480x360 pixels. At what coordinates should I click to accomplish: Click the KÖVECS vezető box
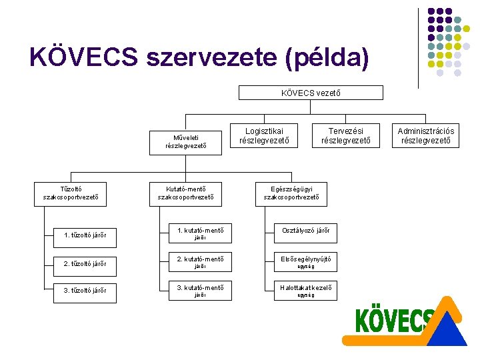point(311,93)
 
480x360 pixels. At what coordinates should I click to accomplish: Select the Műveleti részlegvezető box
point(186,140)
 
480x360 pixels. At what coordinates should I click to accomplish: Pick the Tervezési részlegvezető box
point(346,135)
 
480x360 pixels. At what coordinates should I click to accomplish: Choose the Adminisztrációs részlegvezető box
point(425,135)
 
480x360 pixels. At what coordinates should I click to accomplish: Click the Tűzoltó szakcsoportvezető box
point(71,193)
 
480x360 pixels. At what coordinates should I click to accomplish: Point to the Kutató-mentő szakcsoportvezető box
point(185,193)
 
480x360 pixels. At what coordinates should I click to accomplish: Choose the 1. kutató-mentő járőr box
point(200,233)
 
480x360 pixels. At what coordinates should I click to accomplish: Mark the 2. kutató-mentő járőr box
point(200,261)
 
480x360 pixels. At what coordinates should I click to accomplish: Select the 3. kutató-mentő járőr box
point(200,289)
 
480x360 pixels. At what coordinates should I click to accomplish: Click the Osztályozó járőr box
point(305,231)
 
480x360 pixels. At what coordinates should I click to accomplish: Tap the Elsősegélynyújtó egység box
point(305,259)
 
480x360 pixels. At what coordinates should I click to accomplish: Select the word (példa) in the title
point(326,58)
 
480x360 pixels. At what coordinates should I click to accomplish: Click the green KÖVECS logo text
point(394,321)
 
